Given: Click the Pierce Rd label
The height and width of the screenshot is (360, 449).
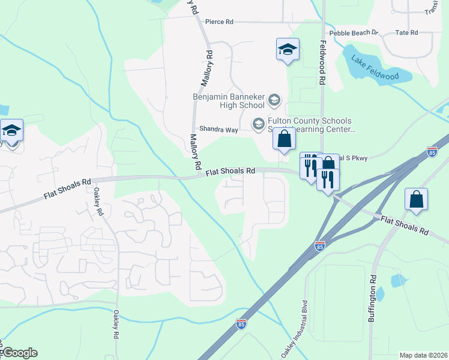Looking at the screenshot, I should click(219, 22).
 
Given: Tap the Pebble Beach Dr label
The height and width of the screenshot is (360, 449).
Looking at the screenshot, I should click(354, 32).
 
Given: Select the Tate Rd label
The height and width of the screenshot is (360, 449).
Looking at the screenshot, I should click(406, 32).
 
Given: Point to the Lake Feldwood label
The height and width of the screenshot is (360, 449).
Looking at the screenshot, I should click(375, 68).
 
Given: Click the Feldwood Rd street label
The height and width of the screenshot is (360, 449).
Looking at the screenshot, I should click(322, 62).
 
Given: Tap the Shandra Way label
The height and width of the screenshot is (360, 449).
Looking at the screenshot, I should click(219, 130).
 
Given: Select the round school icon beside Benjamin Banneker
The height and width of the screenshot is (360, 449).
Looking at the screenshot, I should click(274, 100).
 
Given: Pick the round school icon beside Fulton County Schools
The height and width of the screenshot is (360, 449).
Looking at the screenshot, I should click(259, 124).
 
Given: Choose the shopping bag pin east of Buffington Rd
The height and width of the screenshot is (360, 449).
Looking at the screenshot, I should click(416, 199).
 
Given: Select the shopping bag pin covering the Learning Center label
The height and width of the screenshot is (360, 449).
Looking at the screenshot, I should click(285, 139).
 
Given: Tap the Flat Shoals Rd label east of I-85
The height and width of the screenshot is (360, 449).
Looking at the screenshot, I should click(405, 225).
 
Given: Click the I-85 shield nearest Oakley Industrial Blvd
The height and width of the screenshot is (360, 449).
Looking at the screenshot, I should click(321, 246).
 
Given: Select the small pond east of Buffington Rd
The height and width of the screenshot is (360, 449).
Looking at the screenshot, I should click(398, 280).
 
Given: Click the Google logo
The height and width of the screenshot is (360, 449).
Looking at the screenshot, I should click(19, 353).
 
